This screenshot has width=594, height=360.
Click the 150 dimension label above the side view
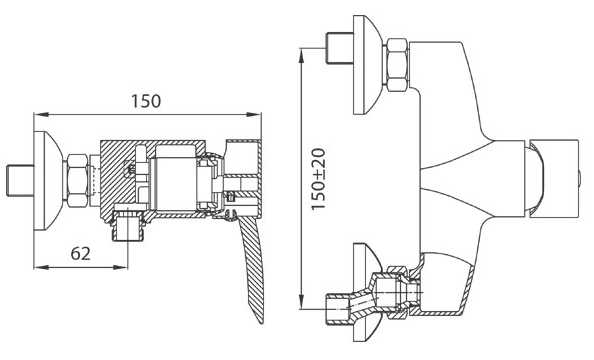coord(146,101)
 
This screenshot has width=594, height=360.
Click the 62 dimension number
coord(81,254)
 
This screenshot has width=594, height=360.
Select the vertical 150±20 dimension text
coord(319,179)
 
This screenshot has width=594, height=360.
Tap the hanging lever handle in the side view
coord(251,265)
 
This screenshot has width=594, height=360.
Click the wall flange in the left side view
coord(46,180)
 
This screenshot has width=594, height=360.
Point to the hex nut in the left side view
coord(77,180)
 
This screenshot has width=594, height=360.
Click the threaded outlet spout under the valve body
coord(128,227)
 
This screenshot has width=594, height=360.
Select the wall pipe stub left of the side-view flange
coord(20,180)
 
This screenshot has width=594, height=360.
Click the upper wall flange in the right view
coord(366,65)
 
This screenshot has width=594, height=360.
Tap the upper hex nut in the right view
coord(397,65)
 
